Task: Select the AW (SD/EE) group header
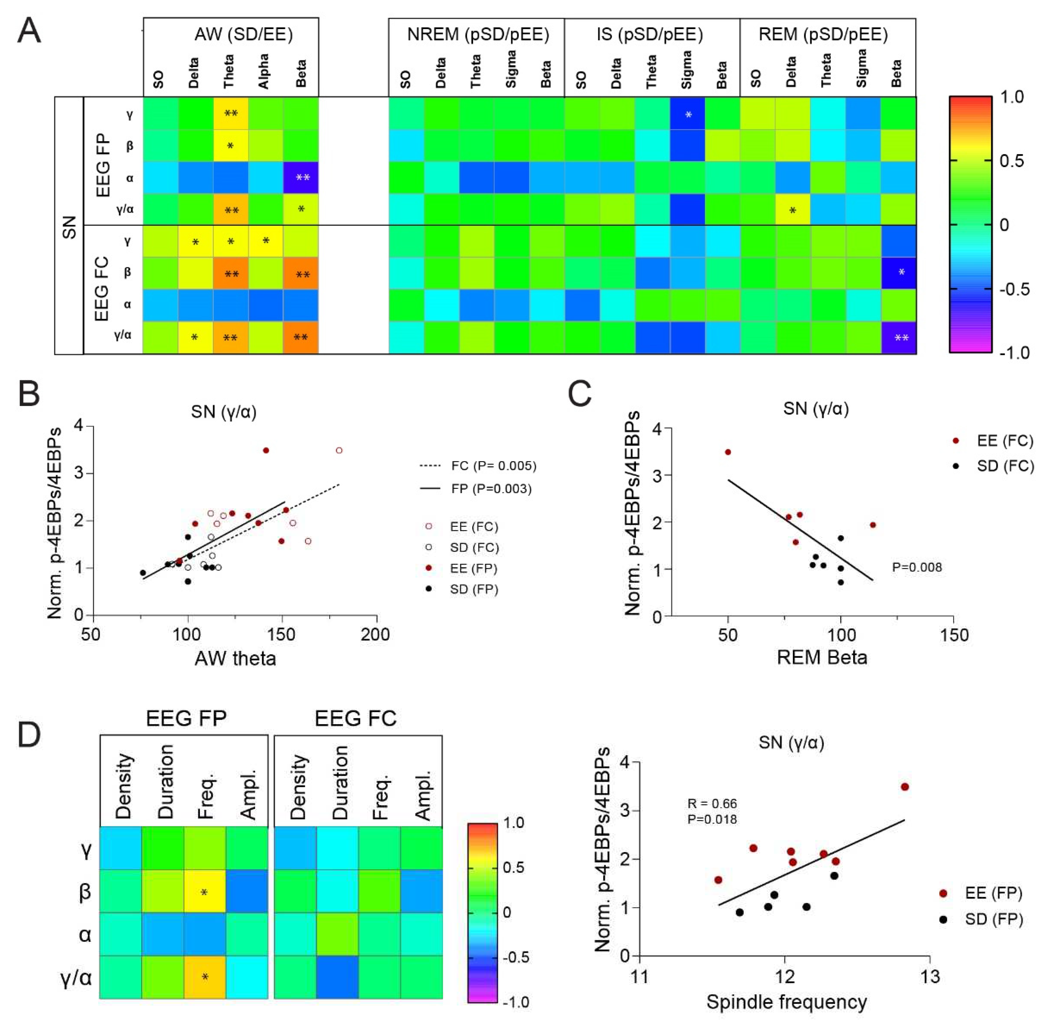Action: (x=244, y=34)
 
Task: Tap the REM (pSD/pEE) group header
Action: (x=823, y=34)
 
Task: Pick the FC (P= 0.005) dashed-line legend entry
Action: (x=478, y=465)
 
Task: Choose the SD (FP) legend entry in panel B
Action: (x=473, y=589)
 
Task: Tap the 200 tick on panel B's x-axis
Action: (x=376, y=634)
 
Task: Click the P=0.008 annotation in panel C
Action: (x=917, y=567)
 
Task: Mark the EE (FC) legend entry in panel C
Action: (x=1004, y=441)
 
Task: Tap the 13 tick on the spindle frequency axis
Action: (x=930, y=977)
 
